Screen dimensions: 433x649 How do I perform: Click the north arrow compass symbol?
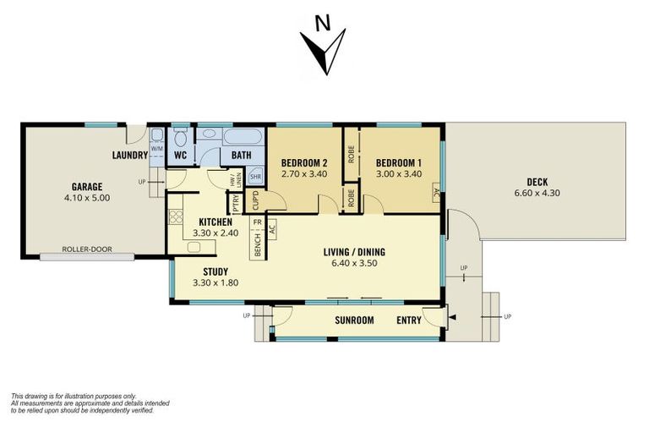point(324,52)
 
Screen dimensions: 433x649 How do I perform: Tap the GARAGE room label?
point(86,186)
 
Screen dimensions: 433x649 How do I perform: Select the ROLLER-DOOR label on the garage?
point(87,249)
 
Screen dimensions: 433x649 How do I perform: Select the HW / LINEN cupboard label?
point(236,180)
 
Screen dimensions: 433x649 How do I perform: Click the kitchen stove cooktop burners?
point(176,216)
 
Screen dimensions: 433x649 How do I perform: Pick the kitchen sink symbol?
point(194,247)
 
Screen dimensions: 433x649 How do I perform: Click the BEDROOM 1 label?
point(399,163)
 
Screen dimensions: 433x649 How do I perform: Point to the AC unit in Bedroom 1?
point(435,192)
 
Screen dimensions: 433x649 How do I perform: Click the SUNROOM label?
point(354,321)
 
